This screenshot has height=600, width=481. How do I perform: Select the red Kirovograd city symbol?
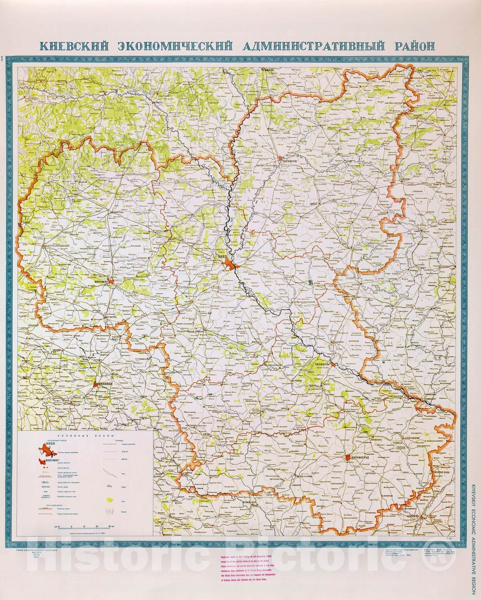(348, 457)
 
